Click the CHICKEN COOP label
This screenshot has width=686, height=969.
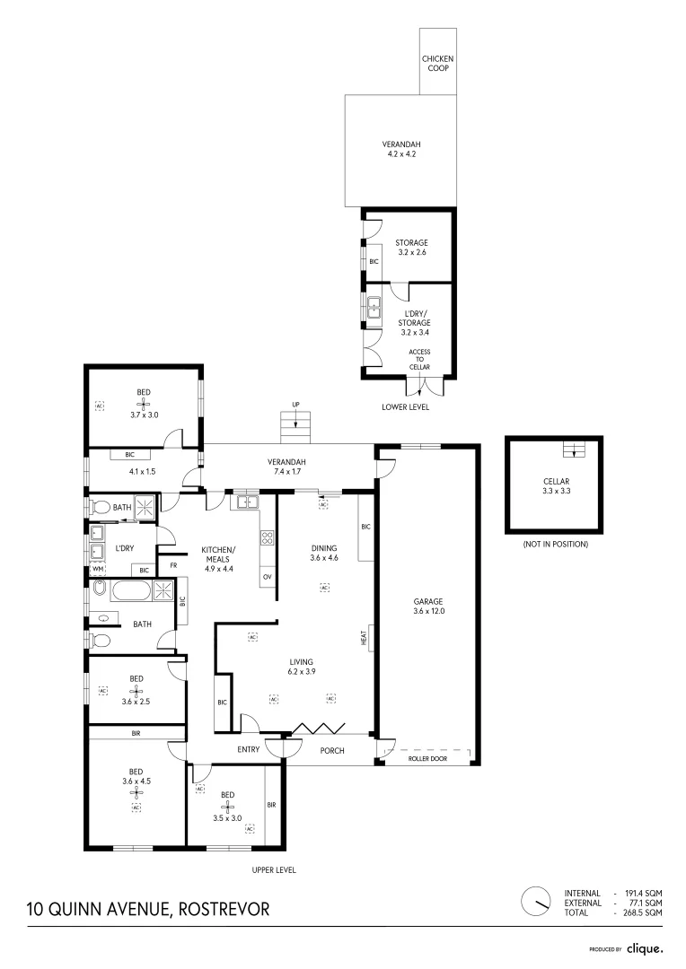pos(438,63)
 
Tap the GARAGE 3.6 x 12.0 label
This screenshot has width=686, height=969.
pos(429,606)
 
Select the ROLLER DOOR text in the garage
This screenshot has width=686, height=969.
pos(428,758)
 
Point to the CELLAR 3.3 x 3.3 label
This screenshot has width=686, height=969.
pos(557,485)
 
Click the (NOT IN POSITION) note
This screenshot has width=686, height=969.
pos(556,544)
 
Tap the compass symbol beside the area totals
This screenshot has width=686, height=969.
pos(536,900)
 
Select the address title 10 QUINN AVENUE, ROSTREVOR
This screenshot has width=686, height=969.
pos(148,910)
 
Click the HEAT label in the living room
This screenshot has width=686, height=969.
pos(364,639)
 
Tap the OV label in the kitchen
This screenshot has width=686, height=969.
pos(267,575)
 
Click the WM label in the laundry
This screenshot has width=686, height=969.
pos(97,570)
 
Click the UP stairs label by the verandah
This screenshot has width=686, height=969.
pos(295,405)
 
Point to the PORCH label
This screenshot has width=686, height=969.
pos(332,750)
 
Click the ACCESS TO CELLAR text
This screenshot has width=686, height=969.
pos(419,360)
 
